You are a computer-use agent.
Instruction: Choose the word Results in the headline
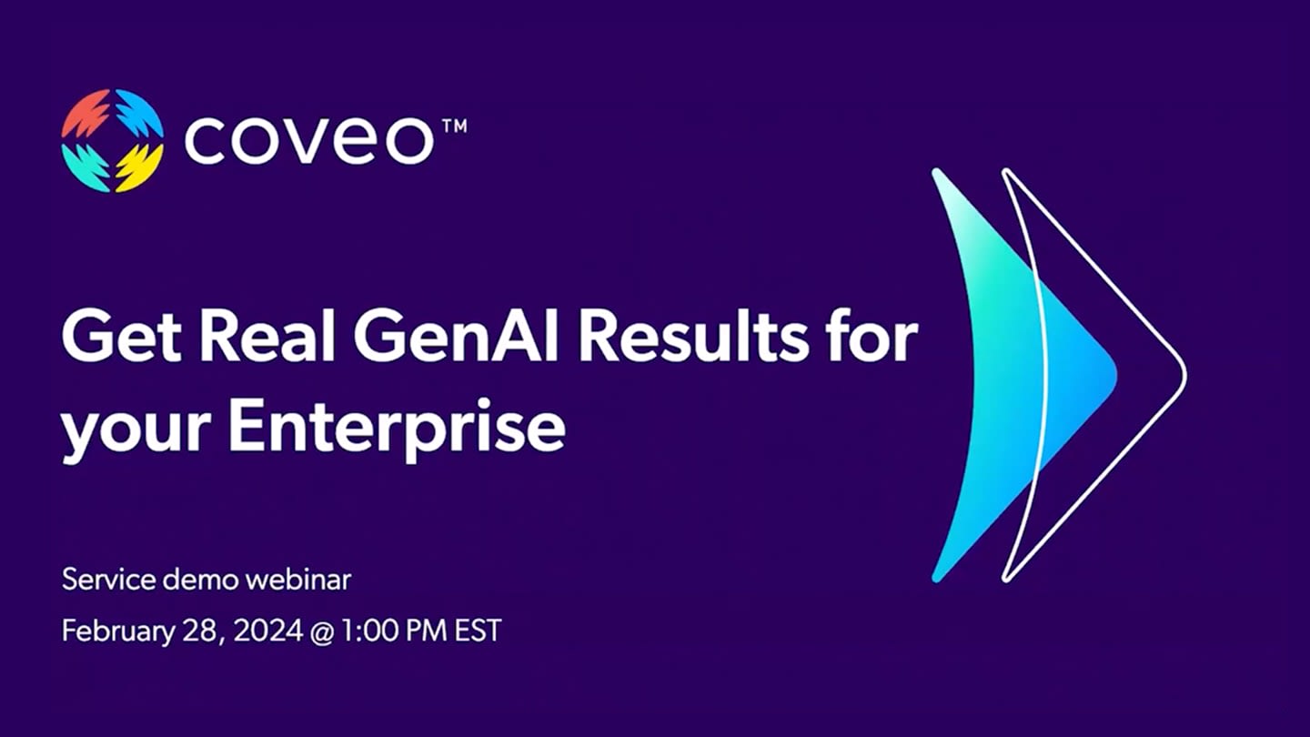click(695, 338)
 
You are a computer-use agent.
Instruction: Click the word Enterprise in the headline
click(397, 427)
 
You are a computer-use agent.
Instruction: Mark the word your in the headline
click(136, 433)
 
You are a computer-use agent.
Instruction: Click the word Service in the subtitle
click(109, 581)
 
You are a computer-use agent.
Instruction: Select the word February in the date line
click(118, 632)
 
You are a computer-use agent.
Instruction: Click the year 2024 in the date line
click(269, 631)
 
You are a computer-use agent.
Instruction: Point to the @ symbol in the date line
click(321, 632)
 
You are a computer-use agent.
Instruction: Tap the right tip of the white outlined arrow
click(1185, 374)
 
